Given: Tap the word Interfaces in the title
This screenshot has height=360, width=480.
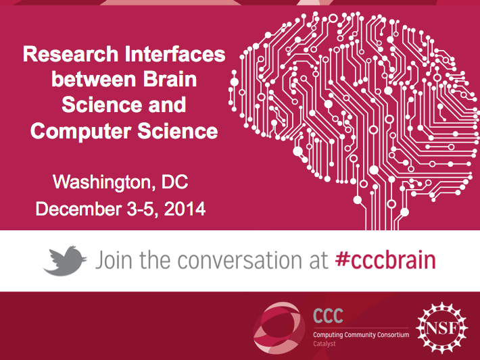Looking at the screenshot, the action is pyautogui.click(x=175, y=54).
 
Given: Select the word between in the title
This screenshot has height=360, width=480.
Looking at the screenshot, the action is pyautogui.click(x=93, y=79).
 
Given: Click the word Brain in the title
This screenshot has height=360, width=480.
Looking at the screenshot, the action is pyautogui.click(x=170, y=79).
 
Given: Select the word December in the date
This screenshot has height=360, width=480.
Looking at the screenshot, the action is pyautogui.click(x=78, y=209).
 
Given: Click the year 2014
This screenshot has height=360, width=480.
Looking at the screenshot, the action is pyautogui.click(x=185, y=209).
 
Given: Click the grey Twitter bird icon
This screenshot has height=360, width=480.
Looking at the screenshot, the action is pyautogui.click(x=65, y=261).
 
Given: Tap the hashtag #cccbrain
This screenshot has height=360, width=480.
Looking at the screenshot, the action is pyautogui.click(x=385, y=260).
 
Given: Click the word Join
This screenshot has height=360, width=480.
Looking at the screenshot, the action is pyautogui.click(x=114, y=260).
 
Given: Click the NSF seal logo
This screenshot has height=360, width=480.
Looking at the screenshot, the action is pyautogui.click(x=441, y=328).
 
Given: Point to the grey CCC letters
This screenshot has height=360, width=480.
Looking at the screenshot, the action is pyautogui.click(x=328, y=315).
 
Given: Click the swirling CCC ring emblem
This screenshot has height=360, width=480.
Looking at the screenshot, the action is pyautogui.click(x=279, y=328).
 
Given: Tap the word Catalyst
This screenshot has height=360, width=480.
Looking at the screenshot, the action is pyautogui.click(x=325, y=344).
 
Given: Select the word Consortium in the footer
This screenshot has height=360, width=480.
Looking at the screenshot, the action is pyautogui.click(x=393, y=334).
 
